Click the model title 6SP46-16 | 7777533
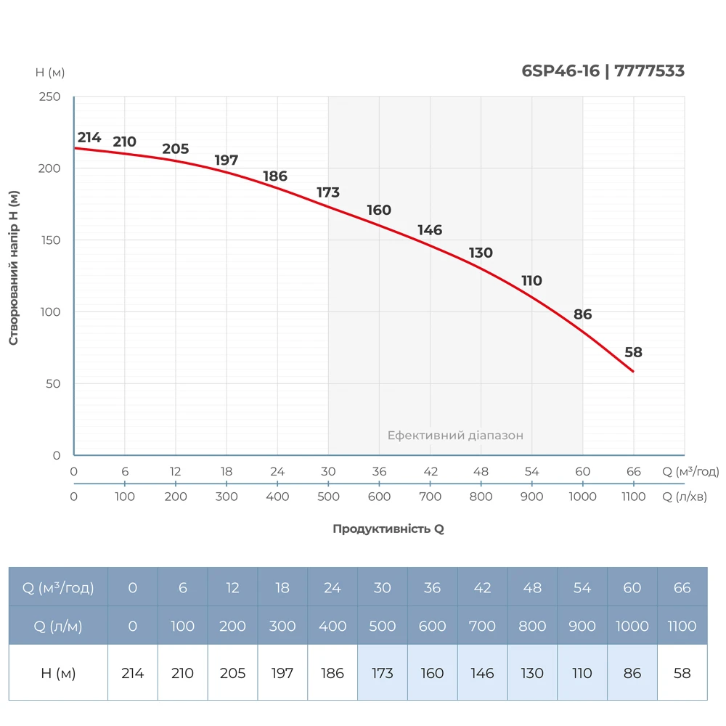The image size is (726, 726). click(x=603, y=71)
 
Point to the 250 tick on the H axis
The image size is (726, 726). click(x=49, y=97)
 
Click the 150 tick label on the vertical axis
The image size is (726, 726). click(x=49, y=240)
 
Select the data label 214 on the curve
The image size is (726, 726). click(x=89, y=137)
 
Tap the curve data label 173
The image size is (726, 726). click(x=328, y=192)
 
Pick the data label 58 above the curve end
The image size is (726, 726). click(x=633, y=352)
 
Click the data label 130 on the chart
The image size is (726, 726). click(x=481, y=253)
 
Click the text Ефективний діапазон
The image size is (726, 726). click(x=455, y=436)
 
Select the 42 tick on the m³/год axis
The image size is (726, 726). click(x=430, y=471)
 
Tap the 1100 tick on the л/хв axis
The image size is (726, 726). click(x=633, y=497)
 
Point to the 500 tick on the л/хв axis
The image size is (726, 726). click(x=328, y=497)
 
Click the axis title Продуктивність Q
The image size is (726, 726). click(x=388, y=529)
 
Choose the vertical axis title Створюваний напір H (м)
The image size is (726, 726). click(x=14, y=268)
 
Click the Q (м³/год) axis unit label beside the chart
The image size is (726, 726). click(x=690, y=471)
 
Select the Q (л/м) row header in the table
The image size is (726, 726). click(x=58, y=626)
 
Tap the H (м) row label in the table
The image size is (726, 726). click(x=58, y=673)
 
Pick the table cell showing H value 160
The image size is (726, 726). click(x=433, y=673)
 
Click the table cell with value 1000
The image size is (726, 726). click(x=632, y=626)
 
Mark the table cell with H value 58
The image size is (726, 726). click(x=682, y=673)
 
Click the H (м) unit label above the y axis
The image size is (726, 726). click(x=50, y=72)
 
